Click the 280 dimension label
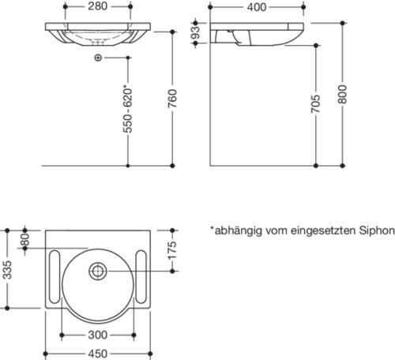click(x=96, y=7)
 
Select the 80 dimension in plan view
click(x=24, y=238)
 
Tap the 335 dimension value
click(x=7, y=272)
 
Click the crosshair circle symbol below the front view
click(x=97, y=59)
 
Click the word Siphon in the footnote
click(x=376, y=231)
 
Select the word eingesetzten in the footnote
click(x=322, y=231)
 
